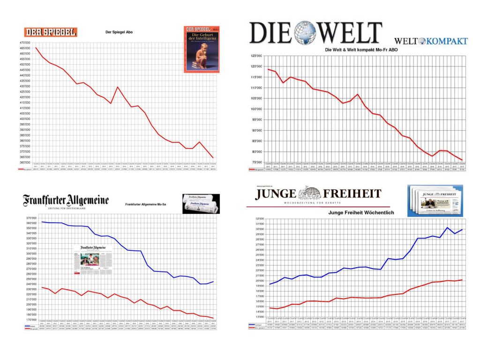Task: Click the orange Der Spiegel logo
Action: pos(51,32)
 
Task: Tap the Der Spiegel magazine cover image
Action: pos(201,48)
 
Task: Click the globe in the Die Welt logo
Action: pos(305,32)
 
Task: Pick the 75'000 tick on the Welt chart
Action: pos(256,163)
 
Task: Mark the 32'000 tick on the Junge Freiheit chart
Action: pos(260,219)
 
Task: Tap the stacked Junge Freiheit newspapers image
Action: pos(431,200)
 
